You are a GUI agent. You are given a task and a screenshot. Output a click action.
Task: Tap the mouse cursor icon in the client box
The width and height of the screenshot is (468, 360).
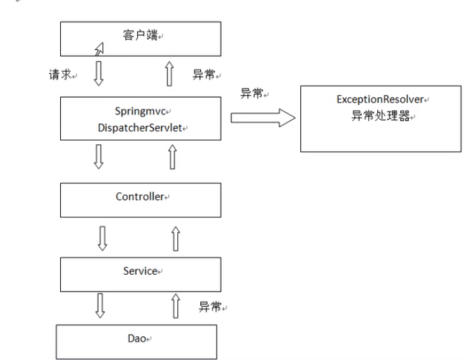click(x=99, y=47)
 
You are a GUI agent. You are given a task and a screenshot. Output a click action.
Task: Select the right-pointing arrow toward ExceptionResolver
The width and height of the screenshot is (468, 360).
click(x=263, y=118)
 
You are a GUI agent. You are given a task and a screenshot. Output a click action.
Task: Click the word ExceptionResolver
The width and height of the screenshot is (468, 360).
click(x=381, y=99)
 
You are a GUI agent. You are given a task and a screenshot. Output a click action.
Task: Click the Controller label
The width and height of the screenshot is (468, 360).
click(x=139, y=197)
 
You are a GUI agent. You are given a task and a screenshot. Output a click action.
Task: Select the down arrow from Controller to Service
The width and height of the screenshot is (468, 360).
click(x=101, y=238)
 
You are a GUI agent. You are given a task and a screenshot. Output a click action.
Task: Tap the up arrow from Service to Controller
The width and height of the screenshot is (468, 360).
click(x=176, y=238)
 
